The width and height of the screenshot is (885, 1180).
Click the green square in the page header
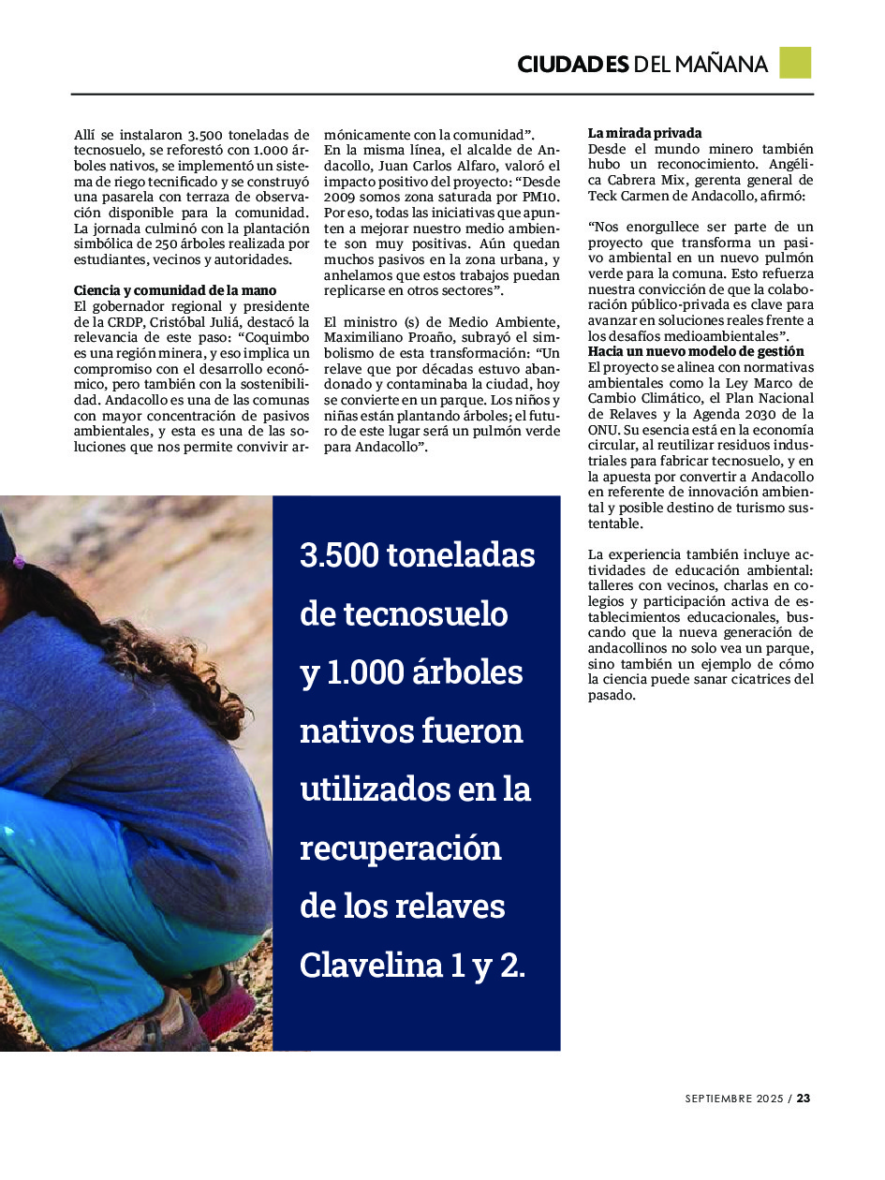click(795, 63)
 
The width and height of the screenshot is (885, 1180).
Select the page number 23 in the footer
click(804, 1099)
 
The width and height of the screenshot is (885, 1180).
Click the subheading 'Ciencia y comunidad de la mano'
click(175, 290)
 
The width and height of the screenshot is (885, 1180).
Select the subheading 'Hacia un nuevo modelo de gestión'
click(696, 351)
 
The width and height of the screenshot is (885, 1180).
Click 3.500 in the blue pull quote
click(340, 555)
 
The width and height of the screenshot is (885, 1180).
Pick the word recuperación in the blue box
click(401, 848)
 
